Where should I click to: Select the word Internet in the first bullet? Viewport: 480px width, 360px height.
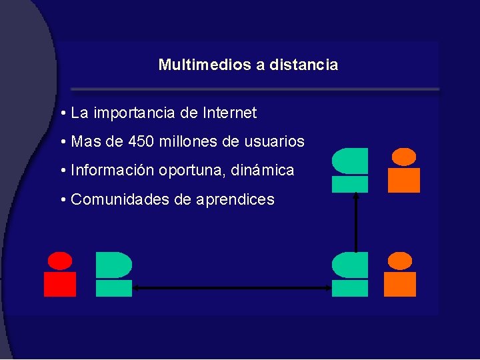tap(229, 113)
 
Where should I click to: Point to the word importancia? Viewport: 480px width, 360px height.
tap(135, 113)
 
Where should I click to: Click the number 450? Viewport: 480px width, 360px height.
tap(143, 142)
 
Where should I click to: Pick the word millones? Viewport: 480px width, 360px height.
tap(187, 142)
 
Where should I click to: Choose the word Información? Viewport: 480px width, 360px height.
tap(113, 171)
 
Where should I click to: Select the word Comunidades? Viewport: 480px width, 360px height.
tap(120, 199)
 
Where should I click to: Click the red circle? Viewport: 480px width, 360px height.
tap(60, 261)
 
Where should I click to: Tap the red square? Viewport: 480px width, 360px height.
tap(60, 284)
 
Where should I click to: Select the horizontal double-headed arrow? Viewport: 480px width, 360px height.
tap(232, 288)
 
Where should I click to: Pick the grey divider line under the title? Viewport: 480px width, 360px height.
tap(255, 89)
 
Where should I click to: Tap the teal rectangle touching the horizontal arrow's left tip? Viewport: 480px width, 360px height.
tap(114, 288)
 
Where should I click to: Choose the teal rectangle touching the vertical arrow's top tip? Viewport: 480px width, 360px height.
tap(350, 184)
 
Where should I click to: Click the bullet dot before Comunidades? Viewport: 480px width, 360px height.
tap(61, 200)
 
